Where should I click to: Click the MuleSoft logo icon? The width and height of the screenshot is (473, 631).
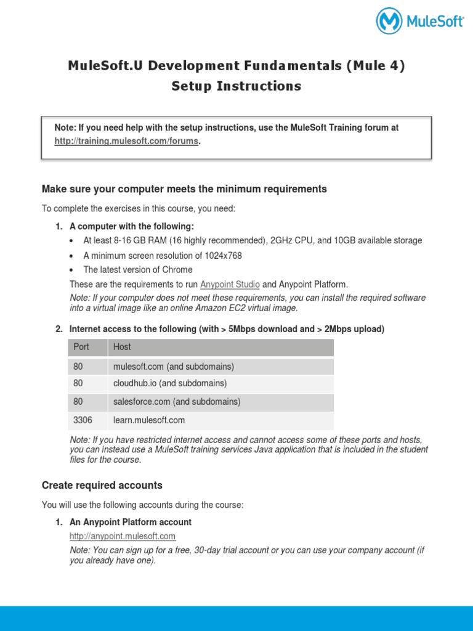[389, 21]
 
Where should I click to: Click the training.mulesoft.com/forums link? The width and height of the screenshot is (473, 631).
[127, 141]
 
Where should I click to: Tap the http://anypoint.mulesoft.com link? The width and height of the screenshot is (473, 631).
[123, 536]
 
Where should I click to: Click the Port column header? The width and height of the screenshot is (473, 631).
[81, 347]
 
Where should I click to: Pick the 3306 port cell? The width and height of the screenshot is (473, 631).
[83, 420]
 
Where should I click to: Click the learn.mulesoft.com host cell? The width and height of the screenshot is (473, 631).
[149, 420]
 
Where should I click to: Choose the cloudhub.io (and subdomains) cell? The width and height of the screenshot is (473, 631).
[170, 383]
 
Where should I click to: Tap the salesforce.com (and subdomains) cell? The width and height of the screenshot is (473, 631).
[177, 402]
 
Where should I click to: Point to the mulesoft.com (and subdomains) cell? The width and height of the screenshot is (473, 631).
[174, 367]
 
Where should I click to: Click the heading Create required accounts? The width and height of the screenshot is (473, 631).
[102, 485]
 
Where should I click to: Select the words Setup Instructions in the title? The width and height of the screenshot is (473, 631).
[236, 86]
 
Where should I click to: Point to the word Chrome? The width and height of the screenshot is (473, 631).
[177, 269]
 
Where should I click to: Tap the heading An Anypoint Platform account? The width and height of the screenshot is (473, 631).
[131, 522]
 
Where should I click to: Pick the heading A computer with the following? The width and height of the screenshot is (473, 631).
[132, 226]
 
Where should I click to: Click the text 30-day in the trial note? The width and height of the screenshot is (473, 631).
[202, 550]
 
